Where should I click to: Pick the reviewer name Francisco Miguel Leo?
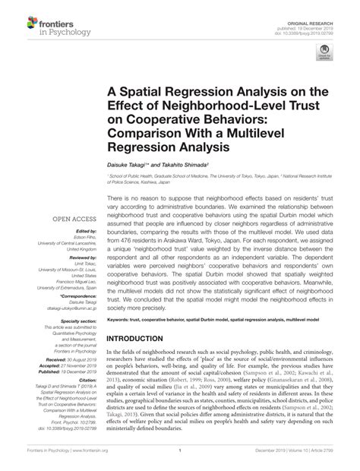tap(73, 282)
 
